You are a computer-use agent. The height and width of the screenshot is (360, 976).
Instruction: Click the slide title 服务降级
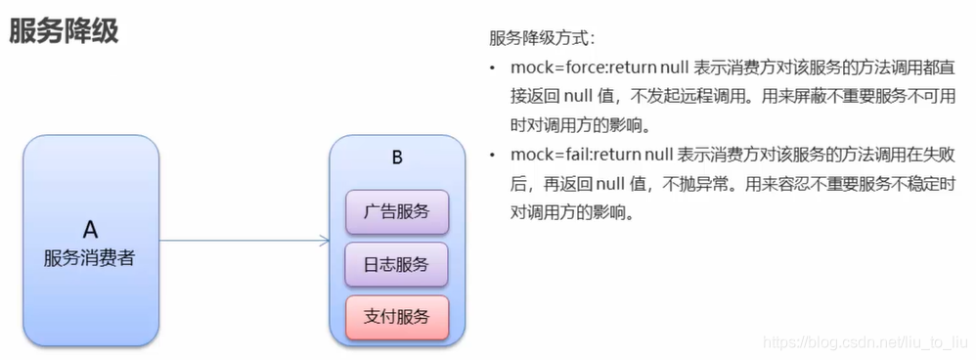pos(64,30)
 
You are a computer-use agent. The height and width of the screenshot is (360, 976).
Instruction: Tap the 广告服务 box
pos(396,211)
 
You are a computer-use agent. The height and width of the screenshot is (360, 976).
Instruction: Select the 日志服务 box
pos(396,263)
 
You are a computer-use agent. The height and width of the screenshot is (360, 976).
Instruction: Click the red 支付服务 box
pos(396,316)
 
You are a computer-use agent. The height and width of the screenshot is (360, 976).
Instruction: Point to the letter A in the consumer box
pos(90,229)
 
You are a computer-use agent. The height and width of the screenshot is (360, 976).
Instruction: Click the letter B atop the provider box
pos(396,157)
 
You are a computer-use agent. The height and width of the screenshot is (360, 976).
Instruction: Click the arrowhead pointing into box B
pos(324,240)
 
